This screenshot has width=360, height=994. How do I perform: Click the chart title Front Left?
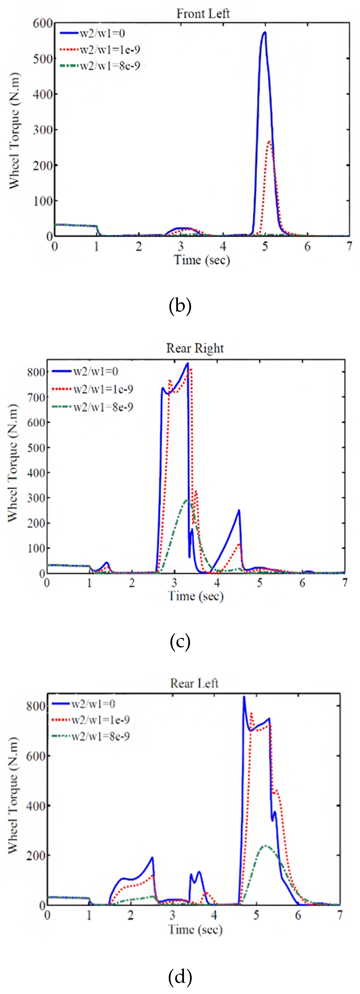[x=203, y=14]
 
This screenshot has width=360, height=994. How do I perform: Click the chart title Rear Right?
[x=195, y=348]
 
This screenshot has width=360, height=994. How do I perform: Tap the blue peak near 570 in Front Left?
[x=265, y=33]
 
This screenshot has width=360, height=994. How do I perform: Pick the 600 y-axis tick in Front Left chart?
[x=42, y=23]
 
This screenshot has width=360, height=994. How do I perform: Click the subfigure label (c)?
[x=180, y=641]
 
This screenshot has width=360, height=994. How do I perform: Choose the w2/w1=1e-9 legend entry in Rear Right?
[x=103, y=389]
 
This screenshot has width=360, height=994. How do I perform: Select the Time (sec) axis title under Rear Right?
[x=196, y=596]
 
